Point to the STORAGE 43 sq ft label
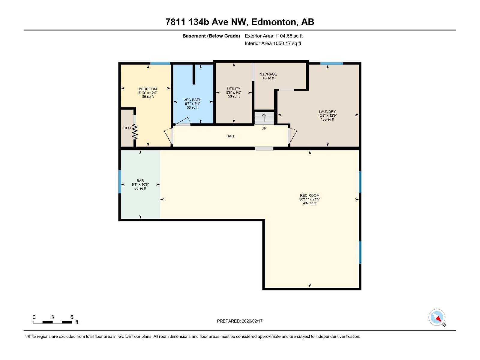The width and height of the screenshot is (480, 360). [x=268, y=76]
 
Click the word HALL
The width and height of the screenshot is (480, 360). [x=231, y=136]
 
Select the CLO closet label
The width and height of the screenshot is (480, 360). [x=127, y=128]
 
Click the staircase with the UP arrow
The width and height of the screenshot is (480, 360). [x=264, y=118]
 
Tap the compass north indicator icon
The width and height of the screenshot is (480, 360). [x=437, y=318]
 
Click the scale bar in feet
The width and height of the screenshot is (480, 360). [x=52, y=322]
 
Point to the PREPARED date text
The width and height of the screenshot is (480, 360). [x=240, y=321]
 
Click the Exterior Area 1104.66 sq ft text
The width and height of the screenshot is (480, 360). [x=274, y=36]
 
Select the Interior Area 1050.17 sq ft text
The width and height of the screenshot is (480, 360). [x=273, y=43]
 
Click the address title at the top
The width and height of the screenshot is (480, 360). [x=240, y=22]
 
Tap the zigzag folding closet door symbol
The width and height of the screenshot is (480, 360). [x=135, y=132]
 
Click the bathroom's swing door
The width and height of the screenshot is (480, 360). [x=182, y=121]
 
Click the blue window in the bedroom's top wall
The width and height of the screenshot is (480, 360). [x=160, y=64]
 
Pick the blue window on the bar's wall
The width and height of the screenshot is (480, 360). [x=120, y=181]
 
